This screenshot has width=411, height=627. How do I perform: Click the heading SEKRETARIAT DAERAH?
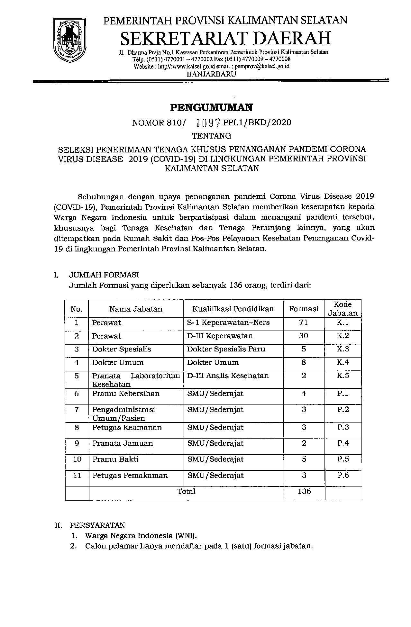point(225,38)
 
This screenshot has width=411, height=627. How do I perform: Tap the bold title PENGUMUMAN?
point(211,107)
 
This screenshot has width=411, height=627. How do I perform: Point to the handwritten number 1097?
point(208,123)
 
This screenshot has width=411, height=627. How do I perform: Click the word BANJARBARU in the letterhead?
point(211,74)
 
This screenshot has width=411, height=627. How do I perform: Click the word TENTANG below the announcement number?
point(211,136)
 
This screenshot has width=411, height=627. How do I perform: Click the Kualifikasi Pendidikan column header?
point(233,309)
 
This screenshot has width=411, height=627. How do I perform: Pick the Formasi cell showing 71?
point(304,323)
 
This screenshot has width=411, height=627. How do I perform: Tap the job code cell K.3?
point(343,349)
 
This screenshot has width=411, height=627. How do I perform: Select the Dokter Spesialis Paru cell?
point(226,349)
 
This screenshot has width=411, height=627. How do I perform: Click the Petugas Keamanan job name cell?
point(126,427)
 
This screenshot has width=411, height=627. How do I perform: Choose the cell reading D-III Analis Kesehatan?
point(228,376)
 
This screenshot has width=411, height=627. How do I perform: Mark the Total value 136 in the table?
point(304,491)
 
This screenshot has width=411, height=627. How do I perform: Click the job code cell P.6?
point(343,475)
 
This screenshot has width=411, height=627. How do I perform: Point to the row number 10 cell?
point(77,459)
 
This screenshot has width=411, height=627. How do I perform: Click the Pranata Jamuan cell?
point(123,443)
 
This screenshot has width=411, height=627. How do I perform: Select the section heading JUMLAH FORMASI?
point(104,275)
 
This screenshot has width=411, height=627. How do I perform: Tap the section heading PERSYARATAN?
point(97,525)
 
